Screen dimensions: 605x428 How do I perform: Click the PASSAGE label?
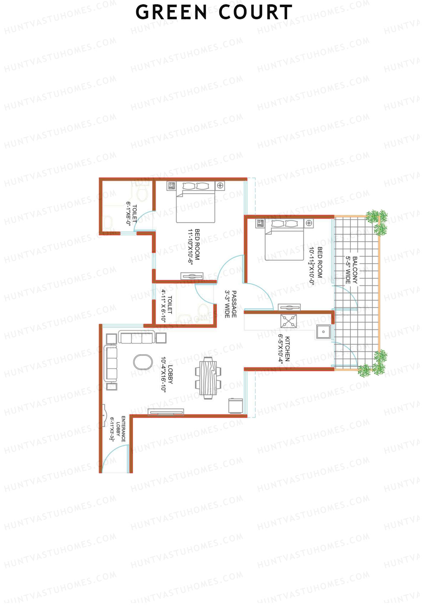pyautogui.click(x=234, y=304)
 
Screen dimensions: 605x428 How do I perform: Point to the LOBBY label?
pyautogui.click(x=170, y=374)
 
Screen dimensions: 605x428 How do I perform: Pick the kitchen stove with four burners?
pyautogui.click(x=288, y=321)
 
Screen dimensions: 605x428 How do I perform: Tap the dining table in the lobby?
pyautogui.click(x=208, y=377)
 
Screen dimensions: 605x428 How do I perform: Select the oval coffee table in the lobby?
pyautogui.click(x=143, y=362)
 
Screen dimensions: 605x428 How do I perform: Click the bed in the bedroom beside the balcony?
pyautogui.click(x=284, y=240)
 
